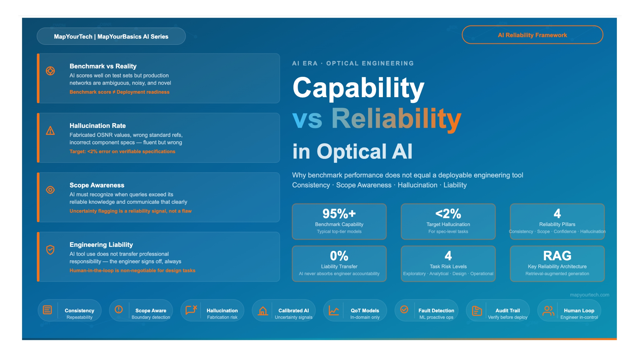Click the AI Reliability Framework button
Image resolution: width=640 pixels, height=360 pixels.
click(532, 35)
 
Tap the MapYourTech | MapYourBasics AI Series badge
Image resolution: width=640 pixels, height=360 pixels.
click(111, 37)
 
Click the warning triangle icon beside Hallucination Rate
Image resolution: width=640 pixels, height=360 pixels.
click(50, 131)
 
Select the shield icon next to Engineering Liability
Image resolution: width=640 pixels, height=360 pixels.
click(50, 250)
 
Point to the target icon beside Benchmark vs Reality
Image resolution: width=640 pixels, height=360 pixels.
click(50, 71)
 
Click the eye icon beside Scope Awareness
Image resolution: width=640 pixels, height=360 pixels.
click(50, 190)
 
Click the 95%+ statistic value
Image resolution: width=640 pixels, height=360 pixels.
click(339, 213)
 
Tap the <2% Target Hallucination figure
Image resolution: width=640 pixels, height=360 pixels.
click(448, 213)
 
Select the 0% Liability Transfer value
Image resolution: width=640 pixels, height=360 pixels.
click(339, 256)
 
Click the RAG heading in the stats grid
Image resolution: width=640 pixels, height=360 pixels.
click(557, 256)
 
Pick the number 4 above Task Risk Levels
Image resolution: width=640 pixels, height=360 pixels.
click(448, 256)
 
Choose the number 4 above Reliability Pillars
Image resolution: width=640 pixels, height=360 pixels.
click(557, 213)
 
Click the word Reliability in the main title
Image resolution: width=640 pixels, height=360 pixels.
click(396, 119)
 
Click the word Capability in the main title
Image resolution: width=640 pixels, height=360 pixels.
click(358, 88)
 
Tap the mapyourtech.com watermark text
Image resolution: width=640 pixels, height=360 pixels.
click(589, 295)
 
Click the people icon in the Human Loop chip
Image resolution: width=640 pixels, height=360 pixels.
click(548, 311)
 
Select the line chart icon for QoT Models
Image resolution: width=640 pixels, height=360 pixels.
click(333, 311)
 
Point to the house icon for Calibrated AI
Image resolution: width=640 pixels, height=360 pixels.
click(263, 311)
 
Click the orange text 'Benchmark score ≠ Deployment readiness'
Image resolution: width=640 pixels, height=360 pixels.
click(119, 92)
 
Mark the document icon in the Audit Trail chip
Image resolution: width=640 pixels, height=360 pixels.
click(477, 311)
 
